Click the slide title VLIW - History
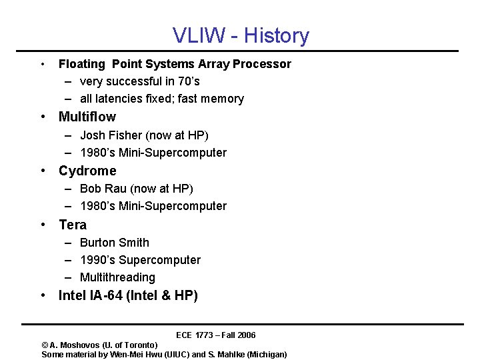pos(241,35)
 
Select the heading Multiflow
pos(87,117)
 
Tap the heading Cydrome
pos(87,171)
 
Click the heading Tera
pos(73,225)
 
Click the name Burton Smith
pos(115,243)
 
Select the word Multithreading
pos(117,277)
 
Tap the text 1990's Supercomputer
pos(140,260)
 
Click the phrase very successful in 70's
pos(139,81)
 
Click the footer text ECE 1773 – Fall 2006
pos(215,335)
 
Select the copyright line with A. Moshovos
pos(99,345)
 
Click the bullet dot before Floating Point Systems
pos(43,65)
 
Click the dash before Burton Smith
pos(69,243)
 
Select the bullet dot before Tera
pos(43,225)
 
